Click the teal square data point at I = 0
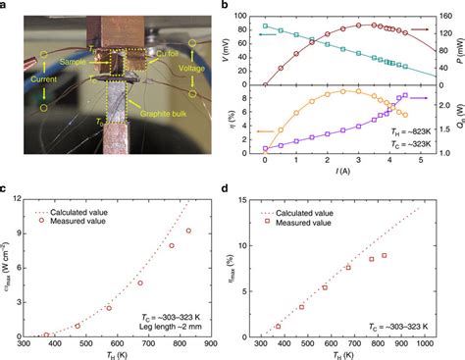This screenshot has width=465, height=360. [265, 26]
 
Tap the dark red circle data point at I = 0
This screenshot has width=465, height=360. [265, 84]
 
